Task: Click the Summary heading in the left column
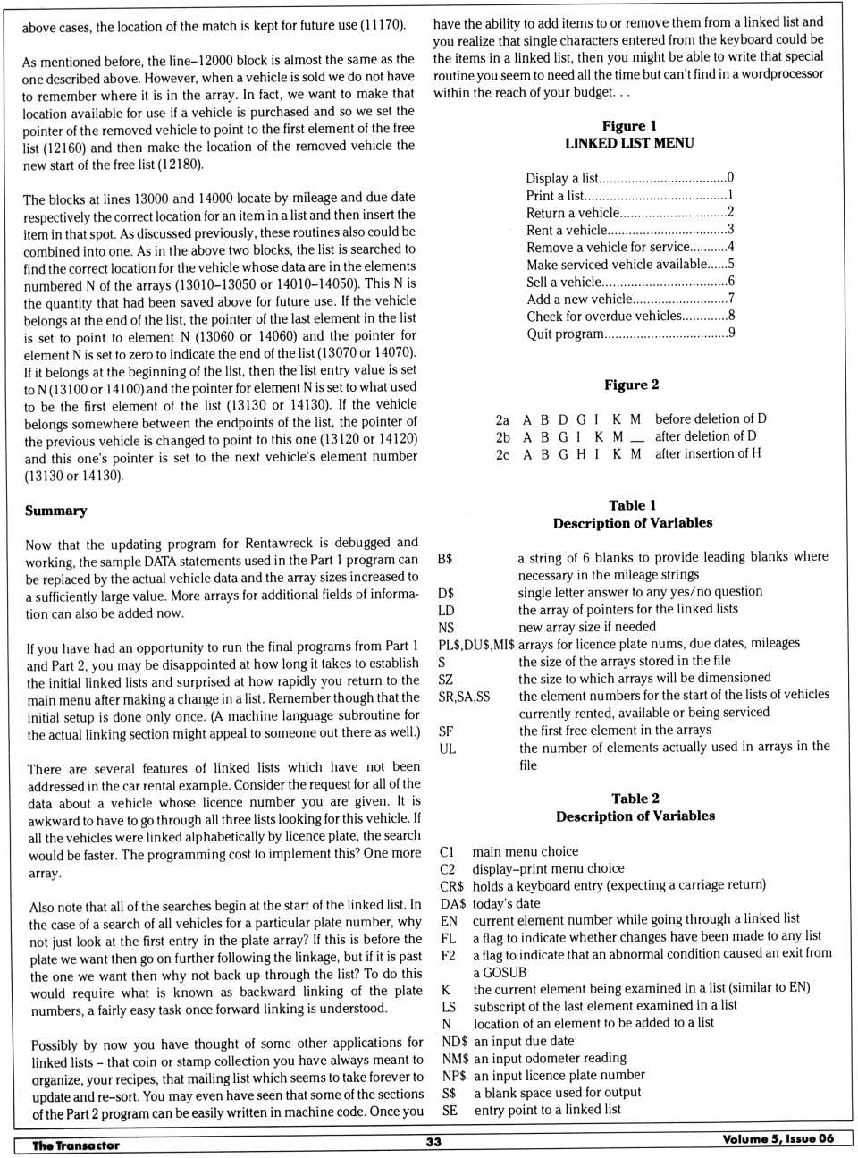point(56,511)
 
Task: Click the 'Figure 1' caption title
point(629,126)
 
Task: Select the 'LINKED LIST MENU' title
point(629,143)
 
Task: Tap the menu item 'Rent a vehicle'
point(567,230)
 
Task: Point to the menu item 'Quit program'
point(565,334)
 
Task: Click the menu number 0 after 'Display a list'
point(730,177)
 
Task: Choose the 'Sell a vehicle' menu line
point(564,282)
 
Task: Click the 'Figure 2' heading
point(631,385)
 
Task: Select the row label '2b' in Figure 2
point(502,437)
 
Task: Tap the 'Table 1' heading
point(632,505)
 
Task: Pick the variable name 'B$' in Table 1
point(445,558)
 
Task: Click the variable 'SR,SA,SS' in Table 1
point(464,696)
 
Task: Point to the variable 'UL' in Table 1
point(447,748)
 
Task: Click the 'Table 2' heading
point(635,799)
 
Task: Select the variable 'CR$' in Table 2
point(451,886)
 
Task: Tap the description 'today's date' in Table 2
point(506,903)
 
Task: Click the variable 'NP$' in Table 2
point(454,1076)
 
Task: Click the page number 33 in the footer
point(433,1142)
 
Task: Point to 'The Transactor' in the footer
point(76,1145)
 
